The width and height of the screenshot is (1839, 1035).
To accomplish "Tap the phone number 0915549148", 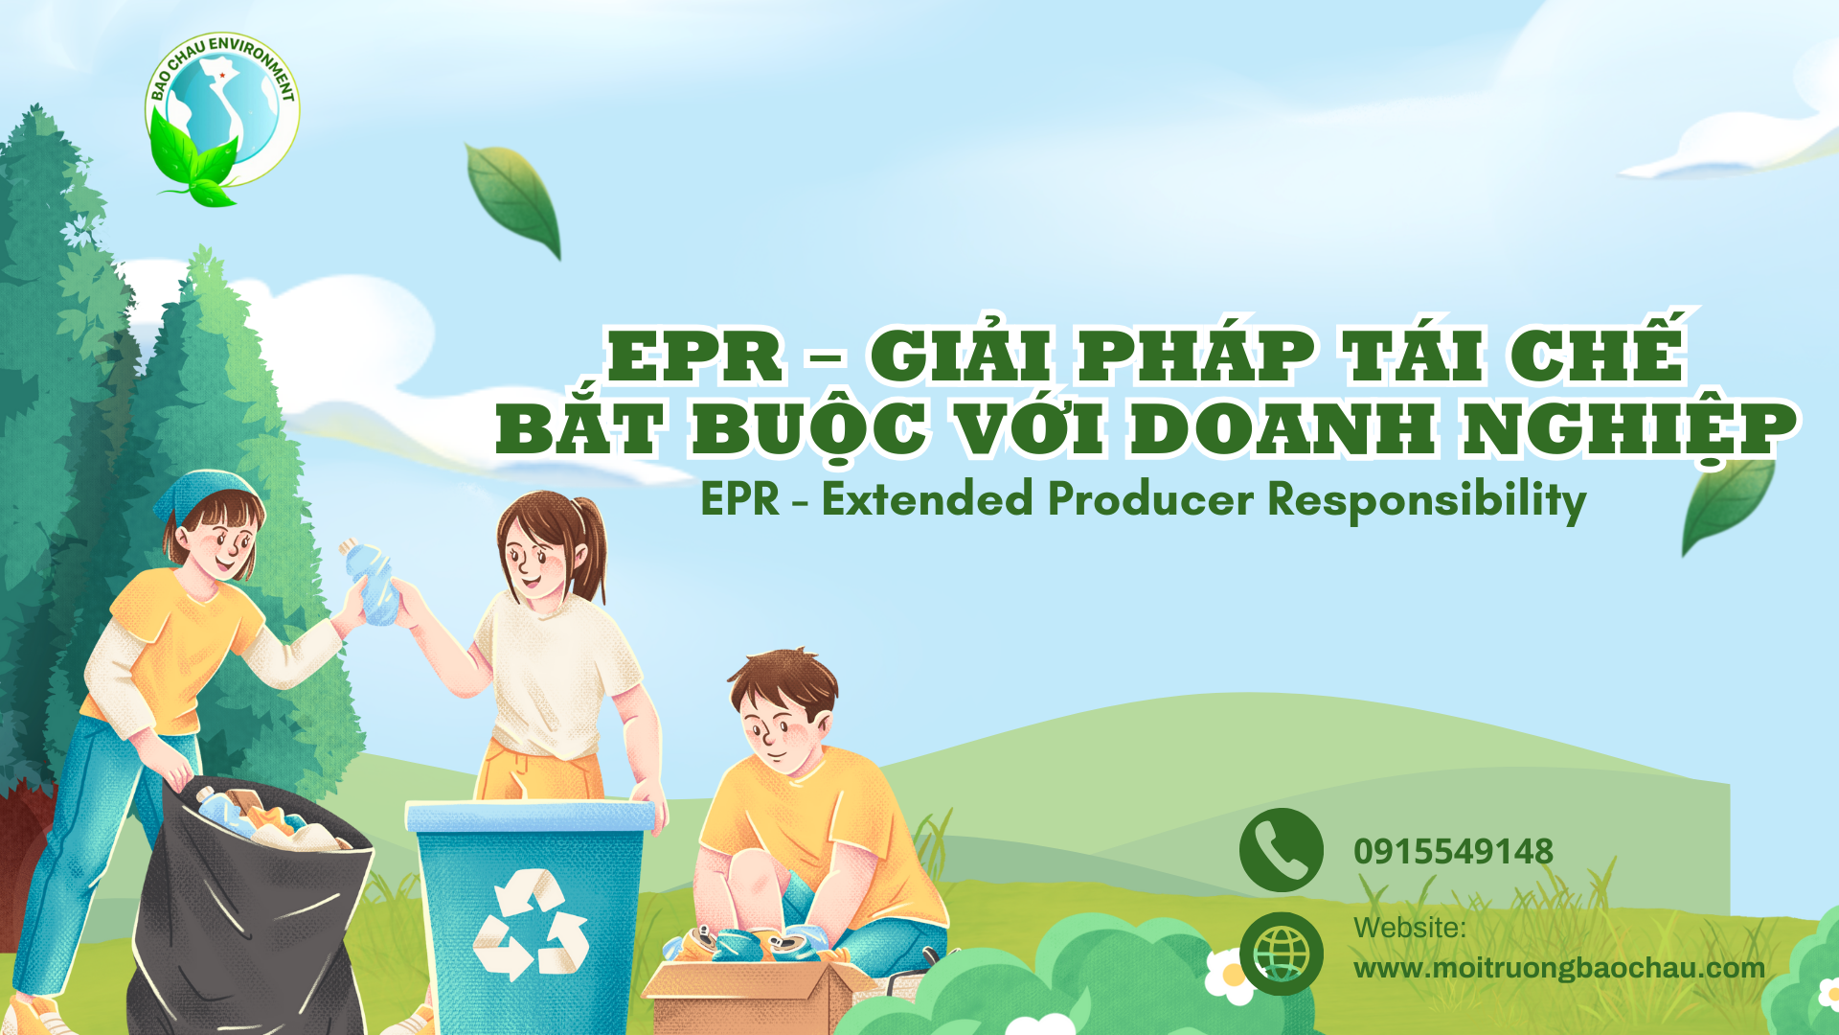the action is [1453, 851].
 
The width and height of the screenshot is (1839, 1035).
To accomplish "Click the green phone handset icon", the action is [1281, 850].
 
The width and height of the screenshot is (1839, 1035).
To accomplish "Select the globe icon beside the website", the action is [1281, 954].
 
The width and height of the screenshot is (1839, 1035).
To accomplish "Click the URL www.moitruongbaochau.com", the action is [1558, 968].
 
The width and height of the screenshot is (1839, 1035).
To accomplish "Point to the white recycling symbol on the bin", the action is [531, 924].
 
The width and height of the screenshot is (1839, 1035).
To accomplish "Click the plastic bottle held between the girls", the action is [373, 582].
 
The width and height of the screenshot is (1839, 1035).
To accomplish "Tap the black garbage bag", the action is [249, 910].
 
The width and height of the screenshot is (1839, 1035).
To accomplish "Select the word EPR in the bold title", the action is [695, 356].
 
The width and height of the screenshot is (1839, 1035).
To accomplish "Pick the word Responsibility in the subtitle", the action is [1427, 500].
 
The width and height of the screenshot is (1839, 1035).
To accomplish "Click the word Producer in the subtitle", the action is [1150, 499].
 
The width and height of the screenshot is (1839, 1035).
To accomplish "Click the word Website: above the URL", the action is [1409, 928].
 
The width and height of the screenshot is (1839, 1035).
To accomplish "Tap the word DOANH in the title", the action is [1283, 428].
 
